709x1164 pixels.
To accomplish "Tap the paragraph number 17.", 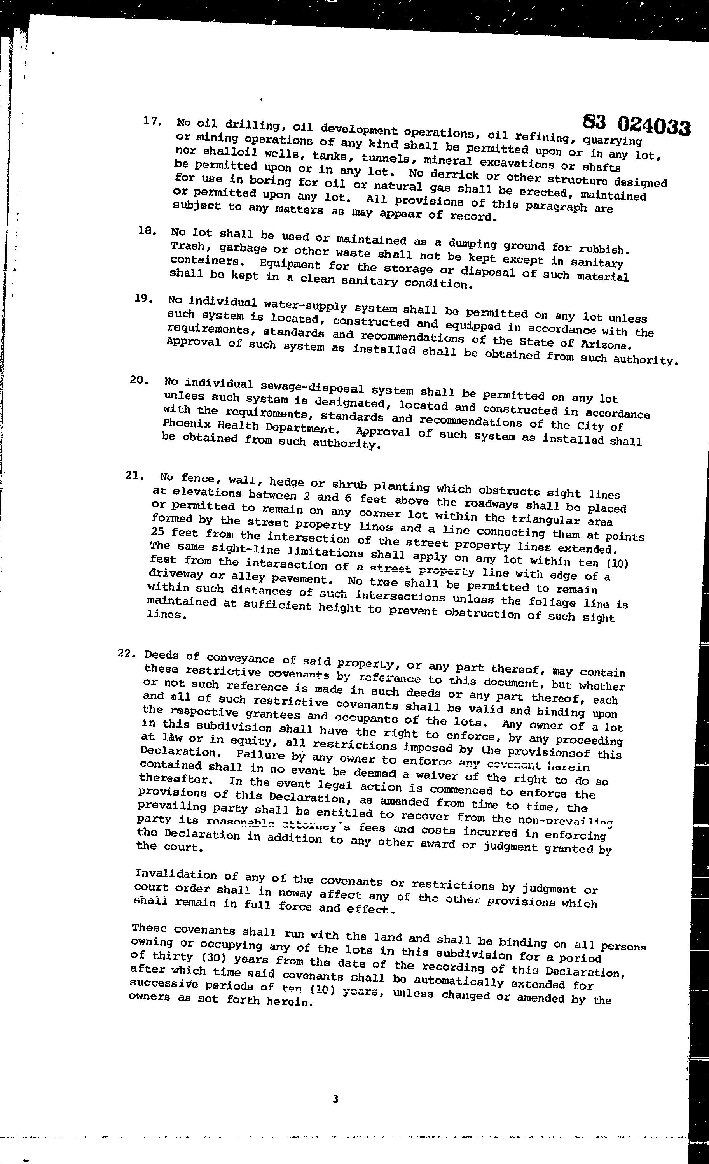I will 152,121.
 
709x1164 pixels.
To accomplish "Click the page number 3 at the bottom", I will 335,1099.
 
